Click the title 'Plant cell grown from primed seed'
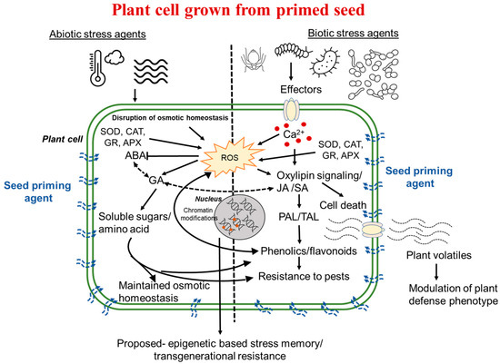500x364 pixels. (249, 12)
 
